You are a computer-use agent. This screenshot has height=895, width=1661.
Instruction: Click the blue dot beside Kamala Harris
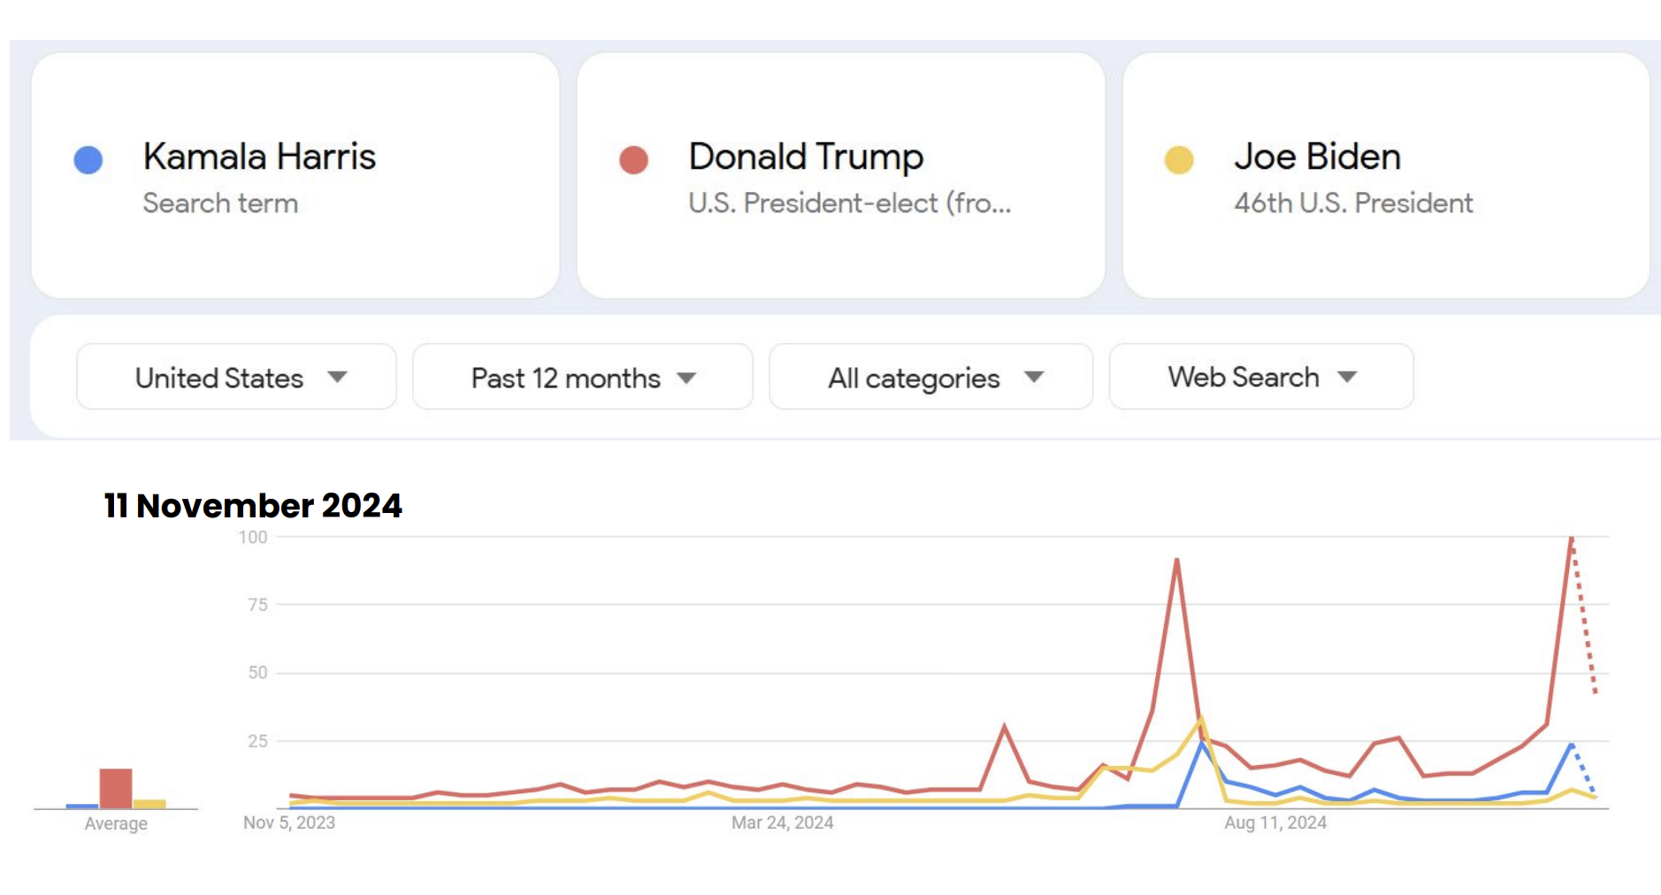pos(88,160)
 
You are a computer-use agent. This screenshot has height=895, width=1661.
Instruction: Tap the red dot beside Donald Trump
pos(633,160)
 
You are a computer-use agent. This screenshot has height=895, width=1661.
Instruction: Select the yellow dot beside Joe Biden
pos(1179,160)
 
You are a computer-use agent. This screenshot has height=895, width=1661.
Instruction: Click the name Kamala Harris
pos(259,157)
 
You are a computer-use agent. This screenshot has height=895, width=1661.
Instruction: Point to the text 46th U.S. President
pos(1353,203)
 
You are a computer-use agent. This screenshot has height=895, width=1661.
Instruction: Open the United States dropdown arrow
pos(337,377)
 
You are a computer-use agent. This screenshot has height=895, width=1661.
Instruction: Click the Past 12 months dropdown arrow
pos(686,378)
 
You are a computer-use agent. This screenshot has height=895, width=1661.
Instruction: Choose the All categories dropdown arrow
pos(1034,377)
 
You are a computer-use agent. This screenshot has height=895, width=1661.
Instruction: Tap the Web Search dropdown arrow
pos(1347,377)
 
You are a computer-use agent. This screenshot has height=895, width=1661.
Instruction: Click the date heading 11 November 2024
pos(253,506)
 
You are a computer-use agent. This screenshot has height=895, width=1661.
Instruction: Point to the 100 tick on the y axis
pos(253,537)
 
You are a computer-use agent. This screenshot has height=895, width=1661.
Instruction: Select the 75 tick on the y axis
pos(257,605)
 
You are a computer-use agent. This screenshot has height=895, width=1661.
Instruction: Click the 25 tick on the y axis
pos(257,741)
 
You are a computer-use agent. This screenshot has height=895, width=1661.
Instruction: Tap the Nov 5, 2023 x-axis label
pos(289,823)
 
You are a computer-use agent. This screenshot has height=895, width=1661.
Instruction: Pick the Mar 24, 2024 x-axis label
pos(782,823)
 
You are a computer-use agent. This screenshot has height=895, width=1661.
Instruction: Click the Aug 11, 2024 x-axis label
pos(1275,823)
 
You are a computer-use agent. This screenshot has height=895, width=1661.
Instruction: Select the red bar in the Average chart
pos(116,788)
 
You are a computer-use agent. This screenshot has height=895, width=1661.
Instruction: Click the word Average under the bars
pos(116,824)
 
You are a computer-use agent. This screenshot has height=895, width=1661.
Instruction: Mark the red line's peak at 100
pos(1571,538)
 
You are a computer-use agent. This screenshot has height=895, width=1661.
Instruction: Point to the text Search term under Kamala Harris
pos(220,203)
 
